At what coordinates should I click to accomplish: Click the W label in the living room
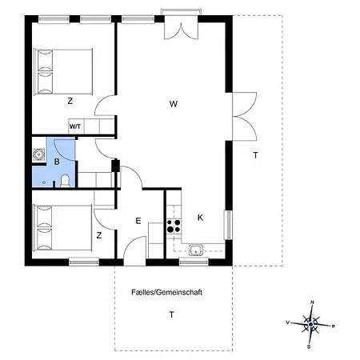174,104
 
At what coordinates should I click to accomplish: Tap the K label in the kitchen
200,218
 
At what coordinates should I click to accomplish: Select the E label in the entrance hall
138,221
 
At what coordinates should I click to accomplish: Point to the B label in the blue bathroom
57,162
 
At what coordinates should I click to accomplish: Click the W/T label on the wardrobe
75,126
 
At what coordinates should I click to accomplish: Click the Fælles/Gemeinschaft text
166,292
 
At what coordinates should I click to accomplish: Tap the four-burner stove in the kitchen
174,226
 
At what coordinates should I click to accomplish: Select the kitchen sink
196,250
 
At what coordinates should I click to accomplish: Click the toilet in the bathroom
65,181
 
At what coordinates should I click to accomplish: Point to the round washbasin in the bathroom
38,154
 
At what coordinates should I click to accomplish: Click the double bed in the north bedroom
63,71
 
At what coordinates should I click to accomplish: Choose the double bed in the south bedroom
62,228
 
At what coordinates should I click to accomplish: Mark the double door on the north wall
181,27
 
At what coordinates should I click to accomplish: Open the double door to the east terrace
245,116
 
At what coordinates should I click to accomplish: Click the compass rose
310,324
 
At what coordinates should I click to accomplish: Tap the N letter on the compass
313,302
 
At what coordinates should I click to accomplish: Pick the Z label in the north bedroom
70,101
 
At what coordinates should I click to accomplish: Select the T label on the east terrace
256,155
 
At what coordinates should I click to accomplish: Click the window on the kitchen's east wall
229,225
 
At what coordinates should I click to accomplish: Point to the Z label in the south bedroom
99,235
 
